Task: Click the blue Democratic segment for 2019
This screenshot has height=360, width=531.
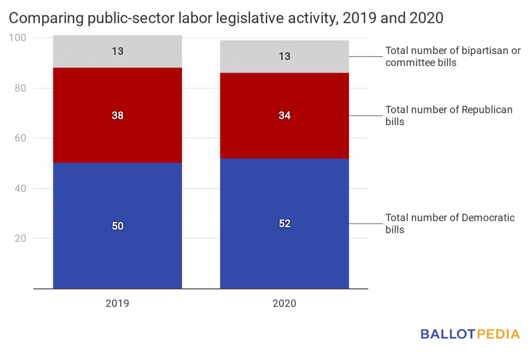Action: coord(117,249)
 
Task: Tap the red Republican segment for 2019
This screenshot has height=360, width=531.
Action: coord(117,135)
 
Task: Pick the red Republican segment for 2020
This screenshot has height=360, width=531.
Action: coord(284,135)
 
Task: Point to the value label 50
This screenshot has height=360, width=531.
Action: coord(117,226)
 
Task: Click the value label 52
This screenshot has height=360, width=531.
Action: coord(284,224)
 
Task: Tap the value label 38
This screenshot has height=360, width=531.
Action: coord(117,116)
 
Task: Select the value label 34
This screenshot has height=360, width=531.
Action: coord(284,116)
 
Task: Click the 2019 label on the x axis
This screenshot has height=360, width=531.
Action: coord(117,303)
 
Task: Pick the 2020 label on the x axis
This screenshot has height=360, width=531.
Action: coord(284,303)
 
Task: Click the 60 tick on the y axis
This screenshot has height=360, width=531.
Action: coord(19,138)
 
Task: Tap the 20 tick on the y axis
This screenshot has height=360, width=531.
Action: coord(19,239)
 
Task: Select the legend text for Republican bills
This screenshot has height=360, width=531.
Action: coord(448,116)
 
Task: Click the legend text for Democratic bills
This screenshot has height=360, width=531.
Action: coord(449,224)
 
